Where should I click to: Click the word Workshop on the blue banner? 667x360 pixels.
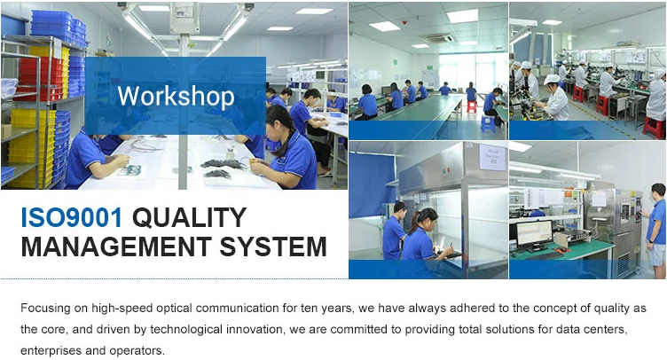[176, 97]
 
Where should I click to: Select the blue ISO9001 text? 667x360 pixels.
[72, 217]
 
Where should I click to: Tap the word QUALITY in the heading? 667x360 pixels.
[190, 217]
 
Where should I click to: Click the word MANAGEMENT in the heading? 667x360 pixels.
[116, 247]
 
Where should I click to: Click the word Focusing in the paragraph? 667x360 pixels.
[46, 309]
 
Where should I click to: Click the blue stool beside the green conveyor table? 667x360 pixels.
[488, 123]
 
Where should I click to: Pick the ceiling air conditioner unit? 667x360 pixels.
[438, 38]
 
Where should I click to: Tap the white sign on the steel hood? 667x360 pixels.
[492, 157]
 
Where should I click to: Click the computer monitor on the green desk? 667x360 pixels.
[534, 235]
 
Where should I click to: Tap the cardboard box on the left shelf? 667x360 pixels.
[6, 131]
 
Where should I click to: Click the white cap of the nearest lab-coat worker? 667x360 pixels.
[552, 79]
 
